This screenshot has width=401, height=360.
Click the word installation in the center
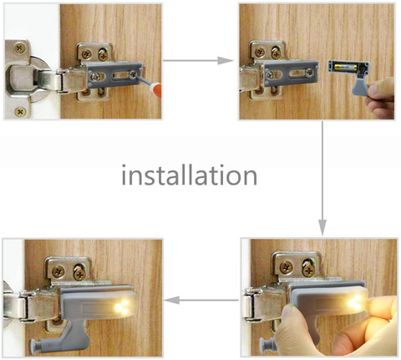[190, 175]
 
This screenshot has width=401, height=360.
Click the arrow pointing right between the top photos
[198, 60]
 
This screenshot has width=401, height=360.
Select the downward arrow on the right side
[322, 178]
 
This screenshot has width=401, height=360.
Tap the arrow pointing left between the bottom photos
[201, 300]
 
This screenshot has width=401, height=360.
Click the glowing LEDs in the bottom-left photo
[121, 307]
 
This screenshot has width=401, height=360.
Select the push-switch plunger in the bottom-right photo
[268, 343]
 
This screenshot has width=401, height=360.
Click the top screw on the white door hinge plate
[19, 48]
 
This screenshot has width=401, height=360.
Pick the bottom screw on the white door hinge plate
[20, 112]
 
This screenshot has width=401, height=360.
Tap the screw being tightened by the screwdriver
[132, 74]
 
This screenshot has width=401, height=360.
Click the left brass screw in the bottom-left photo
[58, 271]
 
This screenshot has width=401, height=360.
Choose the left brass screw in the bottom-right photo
[287, 267]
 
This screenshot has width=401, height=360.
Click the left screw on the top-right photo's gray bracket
[270, 74]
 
